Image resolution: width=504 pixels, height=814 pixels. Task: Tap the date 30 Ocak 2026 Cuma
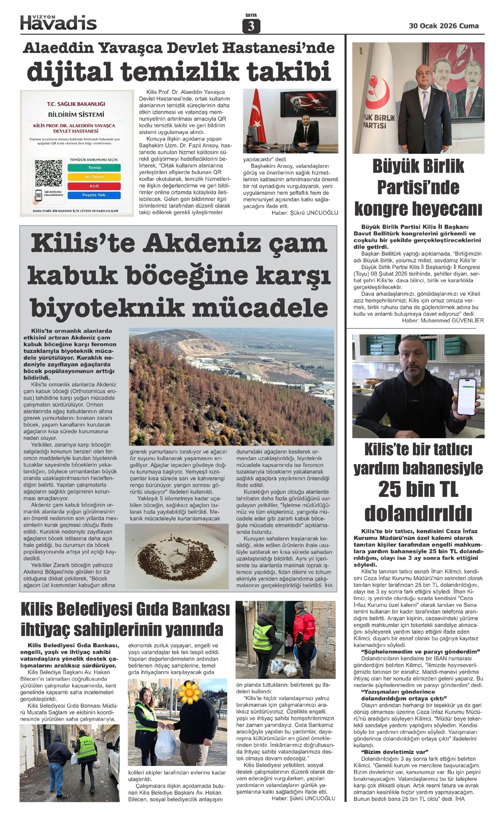(x=444, y=26)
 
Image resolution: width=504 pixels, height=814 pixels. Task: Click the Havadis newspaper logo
(x=58, y=22)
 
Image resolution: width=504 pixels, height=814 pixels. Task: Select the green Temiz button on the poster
(x=94, y=168)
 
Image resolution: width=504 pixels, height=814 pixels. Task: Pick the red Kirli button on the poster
(x=94, y=186)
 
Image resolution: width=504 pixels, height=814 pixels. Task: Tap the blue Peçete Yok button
(x=94, y=195)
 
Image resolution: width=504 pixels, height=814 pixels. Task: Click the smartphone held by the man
(x=468, y=396)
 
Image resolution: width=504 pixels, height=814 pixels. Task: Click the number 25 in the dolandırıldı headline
(x=394, y=490)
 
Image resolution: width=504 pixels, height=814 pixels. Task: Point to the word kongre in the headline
(x=385, y=208)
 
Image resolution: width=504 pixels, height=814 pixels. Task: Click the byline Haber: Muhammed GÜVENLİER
(x=443, y=320)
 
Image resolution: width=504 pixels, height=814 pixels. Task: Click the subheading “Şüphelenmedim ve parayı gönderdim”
(x=420, y=652)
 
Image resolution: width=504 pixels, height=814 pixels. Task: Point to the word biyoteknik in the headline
(x=107, y=308)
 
